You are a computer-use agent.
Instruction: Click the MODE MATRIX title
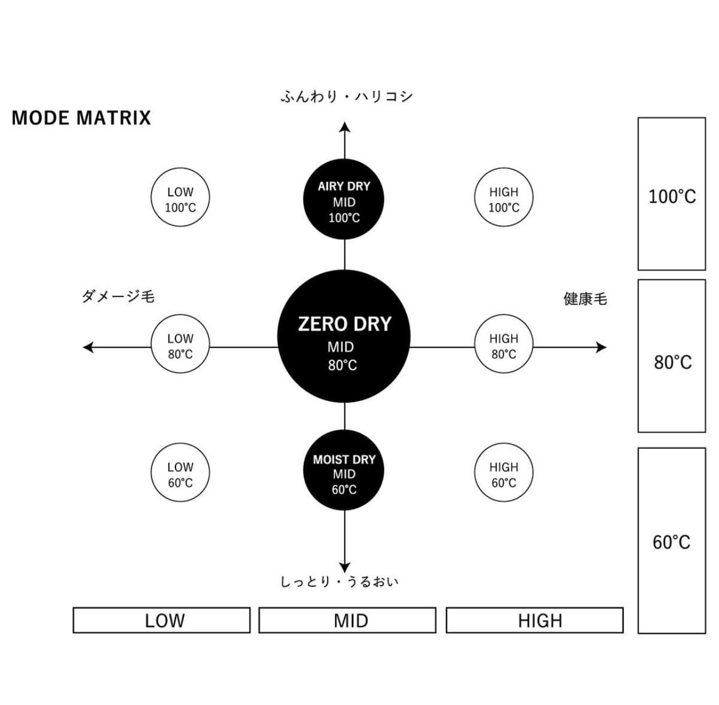click(81, 118)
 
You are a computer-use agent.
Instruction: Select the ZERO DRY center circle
click(344, 337)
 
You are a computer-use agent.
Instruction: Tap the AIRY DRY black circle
click(344, 199)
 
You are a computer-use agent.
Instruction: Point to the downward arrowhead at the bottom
click(344, 567)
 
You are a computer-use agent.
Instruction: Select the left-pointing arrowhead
click(88, 347)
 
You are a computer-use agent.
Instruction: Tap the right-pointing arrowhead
click(601, 347)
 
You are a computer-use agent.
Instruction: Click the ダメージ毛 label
click(118, 297)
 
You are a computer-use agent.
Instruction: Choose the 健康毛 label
click(585, 299)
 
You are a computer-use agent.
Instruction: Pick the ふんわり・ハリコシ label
click(347, 96)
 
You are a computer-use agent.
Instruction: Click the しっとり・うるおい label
click(339, 582)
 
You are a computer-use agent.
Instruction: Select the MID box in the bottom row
click(347, 620)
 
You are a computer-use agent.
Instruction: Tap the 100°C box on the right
click(672, 194)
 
